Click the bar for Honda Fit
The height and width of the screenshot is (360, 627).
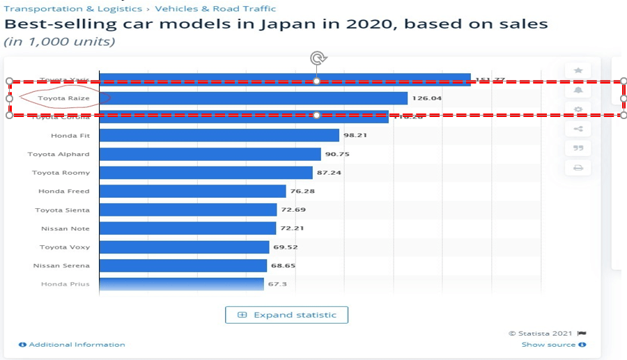tap(219, 135)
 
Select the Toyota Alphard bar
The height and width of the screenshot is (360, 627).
tap(210, 154)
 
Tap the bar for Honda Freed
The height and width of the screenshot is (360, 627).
tap(192, 191)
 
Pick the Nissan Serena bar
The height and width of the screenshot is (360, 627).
tap(183, 265)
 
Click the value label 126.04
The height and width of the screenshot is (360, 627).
tap(426, 98)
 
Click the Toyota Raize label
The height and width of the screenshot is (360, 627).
tap(63, 98)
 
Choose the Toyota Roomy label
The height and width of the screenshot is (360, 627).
tap(61, 173)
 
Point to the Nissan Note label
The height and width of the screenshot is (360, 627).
tap(65, 228)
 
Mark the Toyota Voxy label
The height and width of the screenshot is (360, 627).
tap(64, 247)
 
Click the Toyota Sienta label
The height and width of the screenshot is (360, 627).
tap(62, 210)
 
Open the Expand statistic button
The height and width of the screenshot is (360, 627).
tap(286, 315)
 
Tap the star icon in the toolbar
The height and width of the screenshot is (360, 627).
tap(578, 70)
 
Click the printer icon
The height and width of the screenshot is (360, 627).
tap(578, 167)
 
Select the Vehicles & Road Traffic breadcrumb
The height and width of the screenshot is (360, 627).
tap(215, 9)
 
